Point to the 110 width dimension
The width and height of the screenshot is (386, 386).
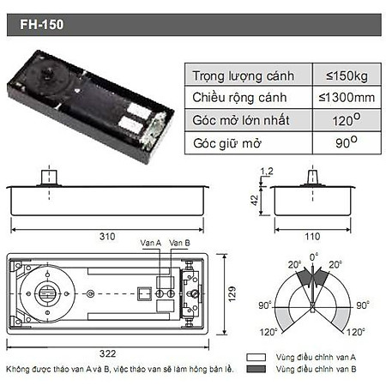(312, 235)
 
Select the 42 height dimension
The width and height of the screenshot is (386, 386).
(255, 198)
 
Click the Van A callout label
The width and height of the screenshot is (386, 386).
(152, 243)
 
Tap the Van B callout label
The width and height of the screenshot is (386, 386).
(179, 243)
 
